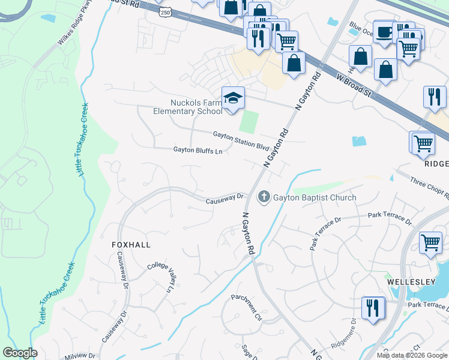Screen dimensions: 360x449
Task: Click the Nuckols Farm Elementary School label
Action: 187,106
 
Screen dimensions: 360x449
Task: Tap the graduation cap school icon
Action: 233,98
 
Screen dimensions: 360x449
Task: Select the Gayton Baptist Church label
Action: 315,197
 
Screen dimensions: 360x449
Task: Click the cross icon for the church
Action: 264,197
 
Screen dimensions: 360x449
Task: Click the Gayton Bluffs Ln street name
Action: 198,151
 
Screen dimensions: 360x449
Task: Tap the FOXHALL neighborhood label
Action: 131,245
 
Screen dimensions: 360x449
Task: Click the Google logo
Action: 20,353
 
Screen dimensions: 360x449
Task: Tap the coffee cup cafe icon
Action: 384,32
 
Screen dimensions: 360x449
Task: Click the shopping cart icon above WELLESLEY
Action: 431,243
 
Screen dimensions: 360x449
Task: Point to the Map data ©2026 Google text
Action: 412,355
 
